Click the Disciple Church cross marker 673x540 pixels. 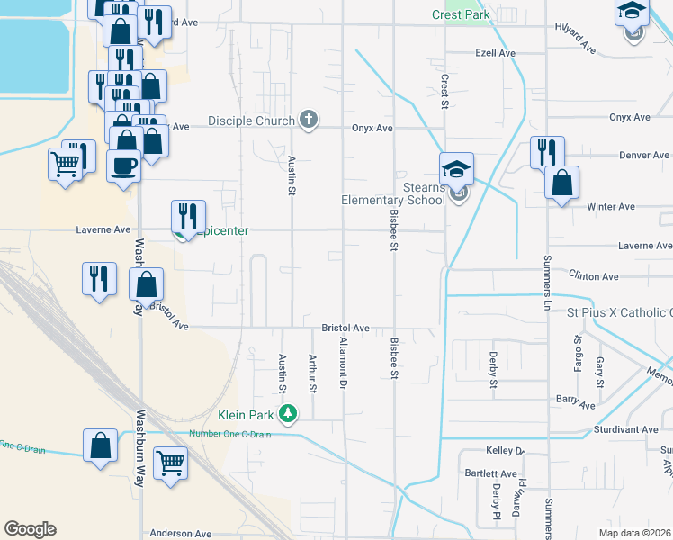[x=309, y=120]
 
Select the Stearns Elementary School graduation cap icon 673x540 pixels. [x=457, y=168]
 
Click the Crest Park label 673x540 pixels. [x=461, y=15]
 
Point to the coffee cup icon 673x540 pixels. [x=123, y=166]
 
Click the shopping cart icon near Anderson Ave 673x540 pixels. [x=170, y=463]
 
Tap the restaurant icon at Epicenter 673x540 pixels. [x=188, y=216]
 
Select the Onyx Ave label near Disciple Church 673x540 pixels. [x=372, y=129]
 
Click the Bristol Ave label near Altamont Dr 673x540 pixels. [x=346, y=328]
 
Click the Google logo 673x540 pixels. [x=30, y=529]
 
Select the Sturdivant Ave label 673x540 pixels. [x=631, y=430]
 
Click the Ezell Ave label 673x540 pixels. [x=495, y=54]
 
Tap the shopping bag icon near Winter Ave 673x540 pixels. [x=561, y=183]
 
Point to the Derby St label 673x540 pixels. [x=493, y=370]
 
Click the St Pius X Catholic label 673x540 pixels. [x=619, y=312]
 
